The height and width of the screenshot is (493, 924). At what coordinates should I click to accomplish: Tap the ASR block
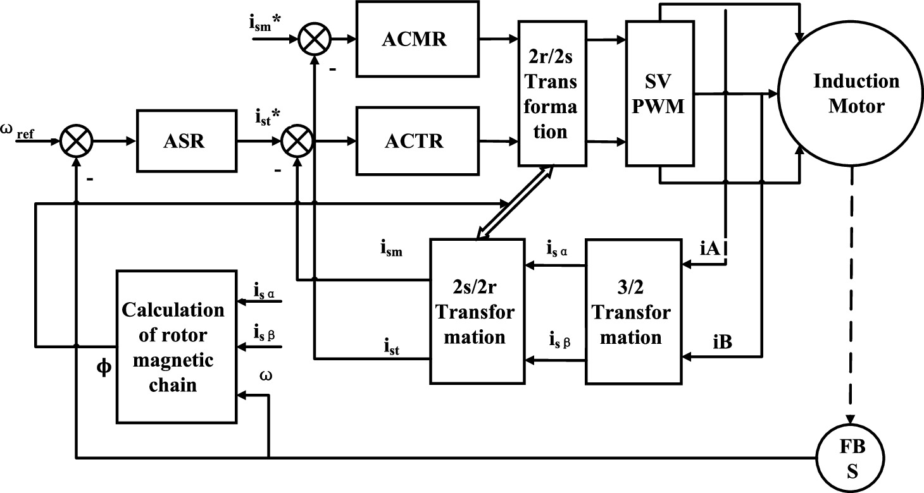pos(188,141)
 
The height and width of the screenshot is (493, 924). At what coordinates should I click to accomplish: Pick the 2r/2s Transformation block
pos(549,93)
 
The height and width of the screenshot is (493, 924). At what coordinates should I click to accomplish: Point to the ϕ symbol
pos(103,367)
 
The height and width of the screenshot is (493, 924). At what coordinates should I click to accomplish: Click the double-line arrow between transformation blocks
pos(515,203)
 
